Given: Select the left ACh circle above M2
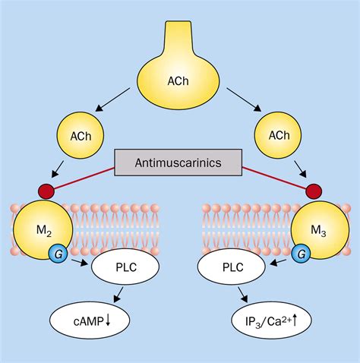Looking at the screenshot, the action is (x=81, y=136).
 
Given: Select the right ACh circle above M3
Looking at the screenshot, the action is (x=278, y=135).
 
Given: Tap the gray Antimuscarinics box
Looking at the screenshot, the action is (x=178, y=163).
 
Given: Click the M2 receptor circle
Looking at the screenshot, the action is (x=43, y=230).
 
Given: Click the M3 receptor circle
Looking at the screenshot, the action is (x=321, y=230).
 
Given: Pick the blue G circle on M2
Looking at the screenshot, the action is (x=58, y=254).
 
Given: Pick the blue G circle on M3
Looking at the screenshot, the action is (x=301, y=254).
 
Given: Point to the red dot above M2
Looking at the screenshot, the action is (x=46, y=191).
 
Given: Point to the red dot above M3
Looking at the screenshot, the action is (x=314, y=191).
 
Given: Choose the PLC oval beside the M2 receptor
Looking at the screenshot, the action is (x=125, y=267).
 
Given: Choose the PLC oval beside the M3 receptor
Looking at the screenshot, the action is (x=232, y=267).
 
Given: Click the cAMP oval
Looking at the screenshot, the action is (x=90, y=320).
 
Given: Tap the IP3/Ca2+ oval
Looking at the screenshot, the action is (x=271, y=320).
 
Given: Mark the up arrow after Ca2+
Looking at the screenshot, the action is (x=295, y=320).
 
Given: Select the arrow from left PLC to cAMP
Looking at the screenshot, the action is (x=118, y=295).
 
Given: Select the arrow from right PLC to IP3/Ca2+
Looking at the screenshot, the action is (x=242, y=295).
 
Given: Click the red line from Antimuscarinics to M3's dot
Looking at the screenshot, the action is (x=276, y=179).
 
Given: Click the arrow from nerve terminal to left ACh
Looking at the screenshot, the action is (x=112, y=99).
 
